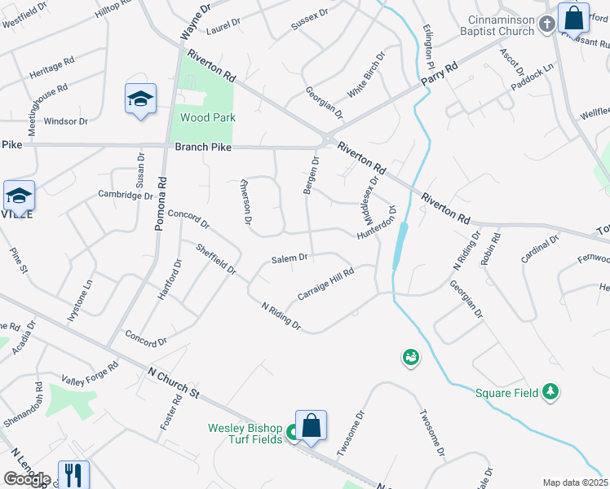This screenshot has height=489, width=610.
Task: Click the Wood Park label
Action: (208, 117)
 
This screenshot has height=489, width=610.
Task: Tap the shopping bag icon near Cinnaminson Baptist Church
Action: (573, 17)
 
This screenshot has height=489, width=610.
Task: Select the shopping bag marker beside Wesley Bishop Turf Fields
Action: (311, 425)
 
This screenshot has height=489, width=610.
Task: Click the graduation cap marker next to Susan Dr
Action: (140, 99)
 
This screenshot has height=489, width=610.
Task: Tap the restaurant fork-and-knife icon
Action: (73, 474)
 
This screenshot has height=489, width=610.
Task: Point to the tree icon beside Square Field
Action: (551, 393)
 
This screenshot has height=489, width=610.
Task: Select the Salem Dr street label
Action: (290, 258)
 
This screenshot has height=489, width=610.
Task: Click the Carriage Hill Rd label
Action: (325, 284)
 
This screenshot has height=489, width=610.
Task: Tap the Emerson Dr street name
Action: (245, 198)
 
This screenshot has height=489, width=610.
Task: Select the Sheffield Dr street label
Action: (216, 258)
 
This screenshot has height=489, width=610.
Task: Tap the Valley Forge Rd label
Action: (91, 372)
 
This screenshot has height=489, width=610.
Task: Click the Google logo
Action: (27, 479)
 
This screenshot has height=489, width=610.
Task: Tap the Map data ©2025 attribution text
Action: (575, 482)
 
